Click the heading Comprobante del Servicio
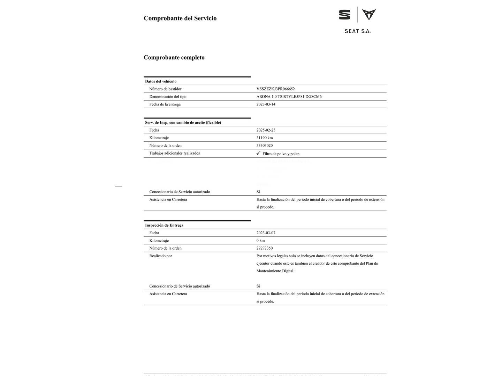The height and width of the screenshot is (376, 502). pos(180,18)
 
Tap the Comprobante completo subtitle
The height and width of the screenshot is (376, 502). pos(174,57)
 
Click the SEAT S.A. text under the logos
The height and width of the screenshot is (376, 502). pos(357,31)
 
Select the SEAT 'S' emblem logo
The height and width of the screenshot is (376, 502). pos(344,15)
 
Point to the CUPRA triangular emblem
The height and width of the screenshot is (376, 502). pos(369,14)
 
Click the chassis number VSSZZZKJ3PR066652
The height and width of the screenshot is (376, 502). pos(275,89)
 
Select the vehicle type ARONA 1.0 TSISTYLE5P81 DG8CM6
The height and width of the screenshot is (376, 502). pos(289,97)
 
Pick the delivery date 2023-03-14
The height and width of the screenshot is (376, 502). pos(266,104)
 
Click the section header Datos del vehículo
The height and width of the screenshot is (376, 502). pos(161,81)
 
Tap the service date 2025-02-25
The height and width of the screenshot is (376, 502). pos(266,130)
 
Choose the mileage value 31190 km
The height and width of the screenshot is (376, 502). pos(265,138)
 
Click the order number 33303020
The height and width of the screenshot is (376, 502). pos(265,146)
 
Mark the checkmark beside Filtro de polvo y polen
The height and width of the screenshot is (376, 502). pos(258,153)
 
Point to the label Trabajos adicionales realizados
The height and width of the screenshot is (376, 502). pos(174,153)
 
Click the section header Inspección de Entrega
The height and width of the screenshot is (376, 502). pos(164,225)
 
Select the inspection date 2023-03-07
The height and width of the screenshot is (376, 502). pos(266,233)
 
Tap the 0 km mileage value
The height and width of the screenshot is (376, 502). pos(260,241)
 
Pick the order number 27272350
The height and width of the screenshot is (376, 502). pos(265,248)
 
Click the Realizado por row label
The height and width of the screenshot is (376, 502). pos(160,256)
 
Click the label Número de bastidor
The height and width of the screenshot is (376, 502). pos(165,89)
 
